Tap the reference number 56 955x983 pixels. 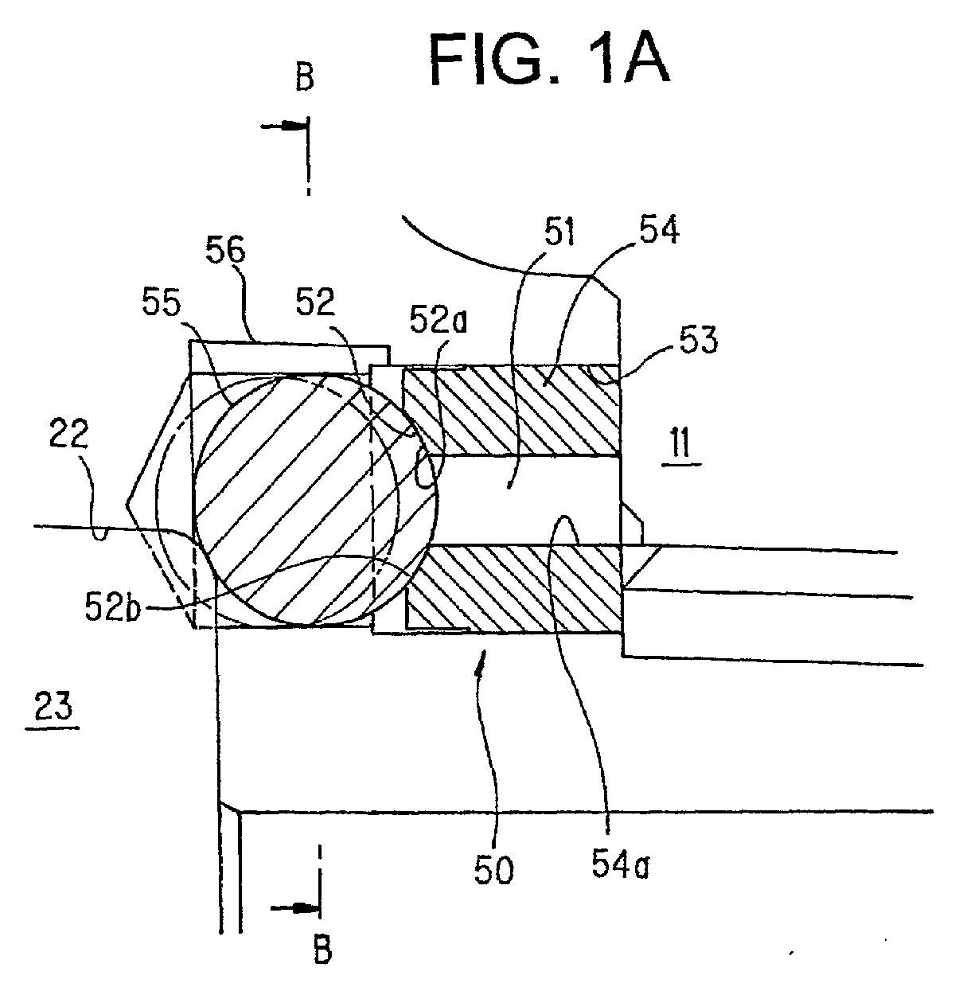coord(225,250)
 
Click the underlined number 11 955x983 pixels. coord(681,443)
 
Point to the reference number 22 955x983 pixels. coord(69,434)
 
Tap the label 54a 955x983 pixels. coord(621,865)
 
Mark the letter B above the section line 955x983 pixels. coord(305,77)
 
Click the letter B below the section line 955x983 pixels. coord(322,949)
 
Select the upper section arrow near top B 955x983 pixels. coord(284,127)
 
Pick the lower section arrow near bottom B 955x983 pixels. coord(295,908)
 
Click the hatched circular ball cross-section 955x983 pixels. coord(315,501)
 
